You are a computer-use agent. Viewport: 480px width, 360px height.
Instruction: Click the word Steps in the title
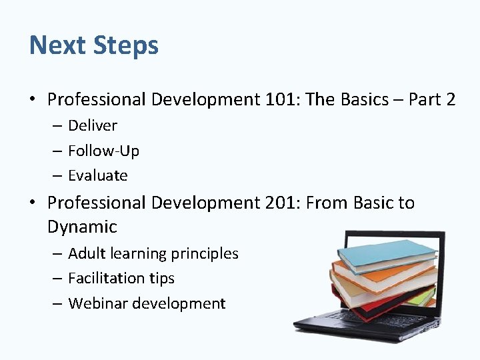126,45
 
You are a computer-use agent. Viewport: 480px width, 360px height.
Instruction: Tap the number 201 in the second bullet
281,203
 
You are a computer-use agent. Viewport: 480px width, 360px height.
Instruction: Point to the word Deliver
93,126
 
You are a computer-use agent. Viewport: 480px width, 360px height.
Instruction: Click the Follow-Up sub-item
103,151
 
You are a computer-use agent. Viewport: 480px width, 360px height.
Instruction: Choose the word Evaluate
97,176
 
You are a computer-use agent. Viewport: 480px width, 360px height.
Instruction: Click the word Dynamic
82,227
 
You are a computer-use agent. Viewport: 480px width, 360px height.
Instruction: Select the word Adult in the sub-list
87,254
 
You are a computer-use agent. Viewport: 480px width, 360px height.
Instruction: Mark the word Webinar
98,304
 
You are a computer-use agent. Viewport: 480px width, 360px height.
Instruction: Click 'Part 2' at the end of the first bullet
432,100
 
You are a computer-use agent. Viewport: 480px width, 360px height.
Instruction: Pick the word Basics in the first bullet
364,100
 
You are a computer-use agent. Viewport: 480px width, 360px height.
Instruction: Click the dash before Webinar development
57,304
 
